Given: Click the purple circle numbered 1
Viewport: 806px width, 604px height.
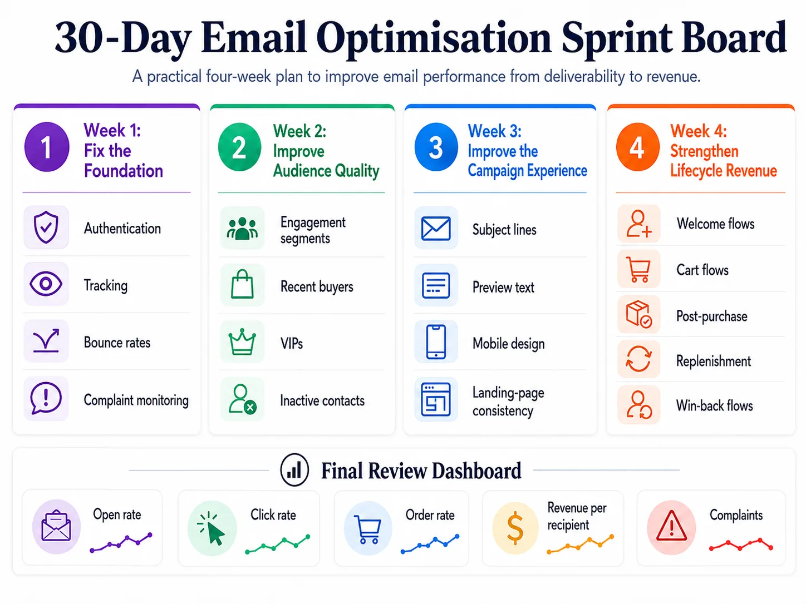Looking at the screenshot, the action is [47, 147].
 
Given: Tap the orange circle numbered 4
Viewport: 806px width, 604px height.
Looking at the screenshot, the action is [638, 147].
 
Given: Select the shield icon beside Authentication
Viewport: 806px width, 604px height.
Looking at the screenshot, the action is [46, 227].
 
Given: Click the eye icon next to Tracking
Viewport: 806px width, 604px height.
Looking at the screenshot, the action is [46, 284].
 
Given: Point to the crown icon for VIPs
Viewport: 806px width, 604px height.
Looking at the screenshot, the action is [242, 342].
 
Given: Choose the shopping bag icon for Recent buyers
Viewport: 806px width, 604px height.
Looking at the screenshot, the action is [242, 284].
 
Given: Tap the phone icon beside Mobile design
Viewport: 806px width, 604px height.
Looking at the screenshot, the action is [436, 341].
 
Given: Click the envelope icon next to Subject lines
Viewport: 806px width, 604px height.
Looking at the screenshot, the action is [436, 229].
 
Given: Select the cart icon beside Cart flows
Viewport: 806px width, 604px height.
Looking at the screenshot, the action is [638, 269].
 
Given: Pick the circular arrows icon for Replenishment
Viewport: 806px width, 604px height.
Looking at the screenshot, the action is [638, 359].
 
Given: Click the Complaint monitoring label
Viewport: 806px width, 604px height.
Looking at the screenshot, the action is [136, 400].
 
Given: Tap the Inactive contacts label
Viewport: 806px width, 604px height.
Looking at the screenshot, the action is [322, 400].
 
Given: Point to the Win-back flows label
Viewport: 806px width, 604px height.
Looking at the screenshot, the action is [715, 405].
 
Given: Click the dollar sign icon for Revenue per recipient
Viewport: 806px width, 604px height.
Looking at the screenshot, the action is [515, 528].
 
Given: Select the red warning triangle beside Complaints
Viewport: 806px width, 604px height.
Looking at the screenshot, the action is [671, 526].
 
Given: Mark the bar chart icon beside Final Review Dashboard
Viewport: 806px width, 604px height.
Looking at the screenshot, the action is [294, 470].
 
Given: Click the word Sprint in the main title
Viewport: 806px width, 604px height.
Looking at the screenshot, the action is [617, 38].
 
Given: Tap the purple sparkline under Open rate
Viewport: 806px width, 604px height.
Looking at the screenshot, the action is [121, 542].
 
